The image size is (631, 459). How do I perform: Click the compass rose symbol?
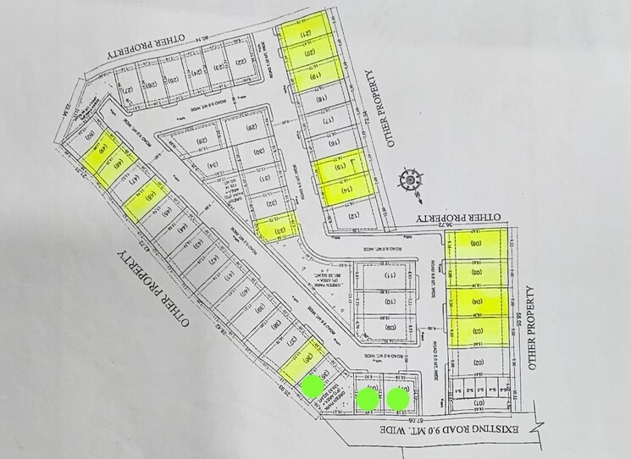(x=411, y=180)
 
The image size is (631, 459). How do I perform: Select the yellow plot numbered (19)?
(x=315, y=77)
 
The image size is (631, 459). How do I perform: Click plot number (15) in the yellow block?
(x=340, y=164)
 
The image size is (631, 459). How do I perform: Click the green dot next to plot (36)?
(x=313, y=386)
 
